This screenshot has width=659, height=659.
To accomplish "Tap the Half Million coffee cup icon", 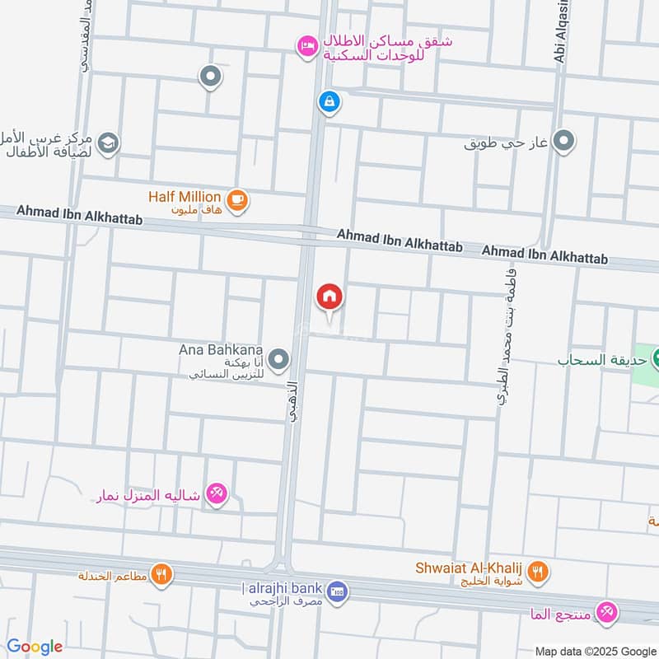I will (236, 199).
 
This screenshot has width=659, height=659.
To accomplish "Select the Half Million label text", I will (185, 197).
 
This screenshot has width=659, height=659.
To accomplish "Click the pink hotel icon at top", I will (306, 46).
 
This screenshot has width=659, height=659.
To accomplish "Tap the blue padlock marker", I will (329, 102).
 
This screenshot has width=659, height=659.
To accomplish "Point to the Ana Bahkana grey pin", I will (280, 359).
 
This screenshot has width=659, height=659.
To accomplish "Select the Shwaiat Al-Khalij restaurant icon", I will (537, 570).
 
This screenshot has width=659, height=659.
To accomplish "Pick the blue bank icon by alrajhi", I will (337, 591).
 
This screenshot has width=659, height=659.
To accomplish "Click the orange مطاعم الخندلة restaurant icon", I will (162, 574).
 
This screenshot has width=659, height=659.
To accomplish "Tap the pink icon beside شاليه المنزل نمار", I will (217, 493).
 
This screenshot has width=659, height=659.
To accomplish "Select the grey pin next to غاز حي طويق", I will (563, 142).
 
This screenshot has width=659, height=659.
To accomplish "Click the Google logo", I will (34, 647).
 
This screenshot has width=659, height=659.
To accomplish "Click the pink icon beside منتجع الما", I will (608, 610).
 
